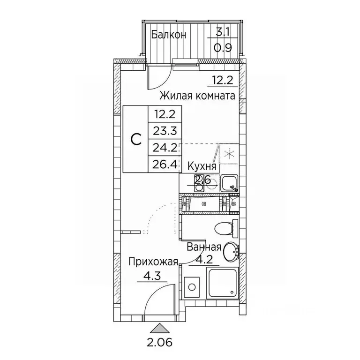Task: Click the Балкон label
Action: pyautogui.click(x=169, y=35)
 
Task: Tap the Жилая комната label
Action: pyautogui.click(x=197, y=96)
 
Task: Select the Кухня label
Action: pyautogui.click(x=202, y=166)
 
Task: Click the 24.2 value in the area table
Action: pyautogui.click(x=164, y=149)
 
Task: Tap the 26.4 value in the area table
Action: pyautogui.click(x=164, y=165)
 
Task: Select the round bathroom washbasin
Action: pyautogui.click(x=230, y=252)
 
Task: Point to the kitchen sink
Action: pyautogui.click(x=230, y=182)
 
